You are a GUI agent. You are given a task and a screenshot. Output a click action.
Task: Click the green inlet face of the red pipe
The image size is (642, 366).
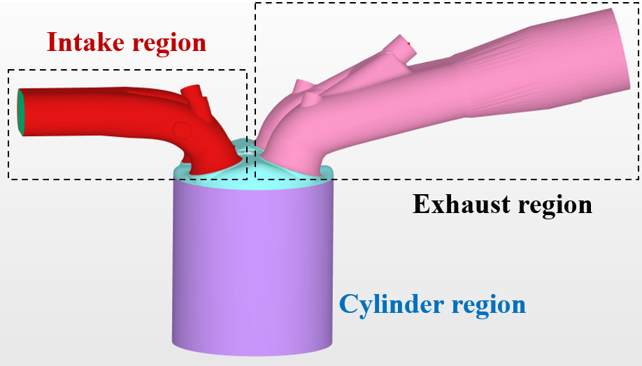tap(21, 112)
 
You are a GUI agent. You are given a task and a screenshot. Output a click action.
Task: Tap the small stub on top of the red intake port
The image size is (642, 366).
tap(193, 93)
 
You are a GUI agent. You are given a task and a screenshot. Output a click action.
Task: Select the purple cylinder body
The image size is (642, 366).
tap(252, 265)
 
